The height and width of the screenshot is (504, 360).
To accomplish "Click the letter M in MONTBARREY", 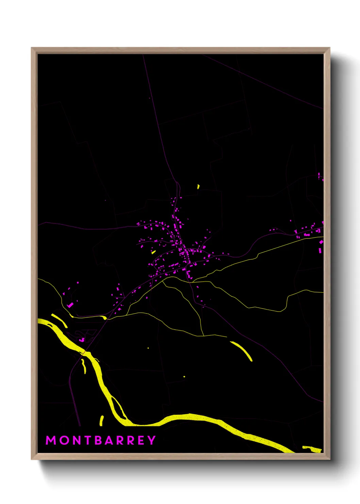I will [51, 440].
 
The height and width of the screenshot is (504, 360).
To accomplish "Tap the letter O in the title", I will [64, 440].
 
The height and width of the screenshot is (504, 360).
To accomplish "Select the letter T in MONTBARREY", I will [88, 440].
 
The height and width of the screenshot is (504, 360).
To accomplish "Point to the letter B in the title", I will [99, 440].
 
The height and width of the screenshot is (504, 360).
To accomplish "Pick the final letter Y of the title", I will [151, 440].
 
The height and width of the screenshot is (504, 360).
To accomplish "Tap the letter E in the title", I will [141, 440].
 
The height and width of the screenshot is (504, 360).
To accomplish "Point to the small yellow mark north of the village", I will [198, 187].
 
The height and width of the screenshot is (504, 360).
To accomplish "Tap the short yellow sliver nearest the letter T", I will [101, 421].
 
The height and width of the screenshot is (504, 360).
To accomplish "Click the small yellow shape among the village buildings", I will [153, 252].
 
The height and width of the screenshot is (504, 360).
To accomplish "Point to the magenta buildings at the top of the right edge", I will [320, 177].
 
